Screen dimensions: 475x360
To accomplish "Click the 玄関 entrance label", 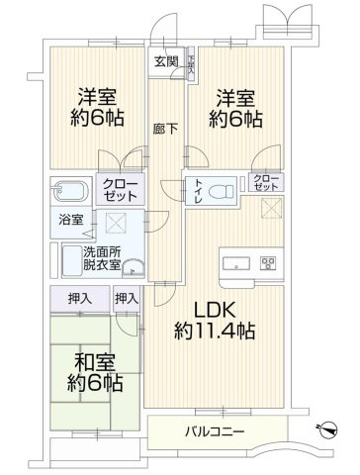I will (165, 60).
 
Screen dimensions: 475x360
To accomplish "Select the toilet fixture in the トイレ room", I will (224, 189).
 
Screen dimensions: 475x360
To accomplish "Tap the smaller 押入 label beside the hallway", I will (126, 297).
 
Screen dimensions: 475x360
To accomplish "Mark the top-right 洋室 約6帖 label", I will (236, 107).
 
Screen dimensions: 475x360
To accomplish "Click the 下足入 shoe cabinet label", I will (190, 60).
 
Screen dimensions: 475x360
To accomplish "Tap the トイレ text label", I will (199, 191).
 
